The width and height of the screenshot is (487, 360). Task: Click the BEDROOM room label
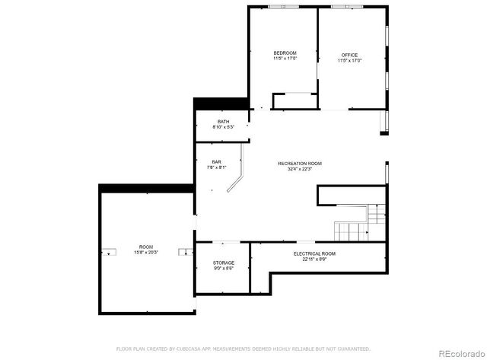(x=285, y=53)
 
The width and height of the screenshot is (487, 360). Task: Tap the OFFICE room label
(x=349, y=55)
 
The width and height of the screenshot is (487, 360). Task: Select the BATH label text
(x=223, y=121)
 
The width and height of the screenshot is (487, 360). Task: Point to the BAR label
(x=216, y=161)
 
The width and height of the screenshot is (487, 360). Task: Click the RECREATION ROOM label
(x=300, y=164)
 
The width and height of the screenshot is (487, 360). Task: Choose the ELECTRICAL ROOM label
(x=314, y=253)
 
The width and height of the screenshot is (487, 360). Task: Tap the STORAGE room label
(x=223, y=263)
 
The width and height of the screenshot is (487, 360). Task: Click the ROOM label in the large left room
(x=146, y=247)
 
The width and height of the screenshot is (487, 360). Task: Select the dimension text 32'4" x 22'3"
(x=300, y=169)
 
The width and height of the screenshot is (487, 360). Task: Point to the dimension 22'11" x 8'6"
(x=314, y=259)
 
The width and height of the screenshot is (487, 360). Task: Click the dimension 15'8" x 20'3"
(x=146, y=252)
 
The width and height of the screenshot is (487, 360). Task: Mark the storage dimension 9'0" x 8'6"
(x=223, y=268)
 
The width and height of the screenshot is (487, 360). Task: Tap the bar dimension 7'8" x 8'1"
(x=216, y=167)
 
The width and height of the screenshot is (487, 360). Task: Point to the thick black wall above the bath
(x=221, y=104)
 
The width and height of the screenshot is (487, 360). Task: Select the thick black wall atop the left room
(x=145, y=186)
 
